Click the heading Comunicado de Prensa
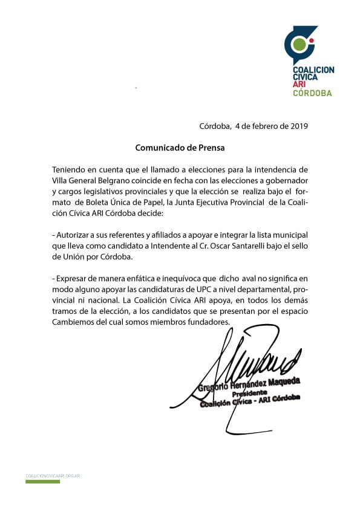click(x=174, y=147)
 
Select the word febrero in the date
click(x=264, y=126)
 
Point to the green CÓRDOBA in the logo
click(x=312, y=93)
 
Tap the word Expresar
click(x=73, y=279)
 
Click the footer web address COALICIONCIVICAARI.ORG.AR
click(x=53, y=476)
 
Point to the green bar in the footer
click(x=42, y=482)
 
